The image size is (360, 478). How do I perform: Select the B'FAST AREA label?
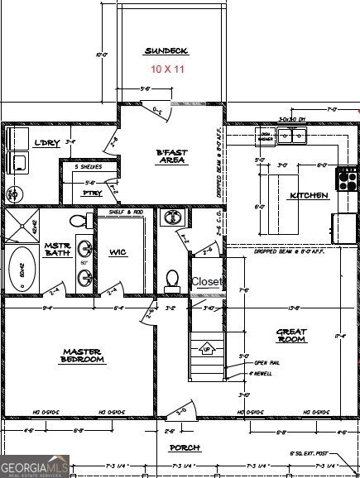coord(170,157)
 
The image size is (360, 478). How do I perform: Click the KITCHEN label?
coord(308,196)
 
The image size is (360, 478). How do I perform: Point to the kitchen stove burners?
coord(346,175)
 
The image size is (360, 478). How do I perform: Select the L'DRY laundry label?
coord(44,143)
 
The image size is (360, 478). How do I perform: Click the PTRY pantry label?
coord(91,194)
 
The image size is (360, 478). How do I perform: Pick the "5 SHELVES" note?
coord(88,167)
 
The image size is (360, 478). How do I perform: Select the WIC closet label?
coord(118,252)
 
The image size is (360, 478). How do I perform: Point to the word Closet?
coord(207,282)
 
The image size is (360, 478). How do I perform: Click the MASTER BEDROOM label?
coord(83,356)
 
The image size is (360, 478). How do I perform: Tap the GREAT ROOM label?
coord(291,336)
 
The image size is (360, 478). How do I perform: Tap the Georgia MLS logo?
coord(35,467)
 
